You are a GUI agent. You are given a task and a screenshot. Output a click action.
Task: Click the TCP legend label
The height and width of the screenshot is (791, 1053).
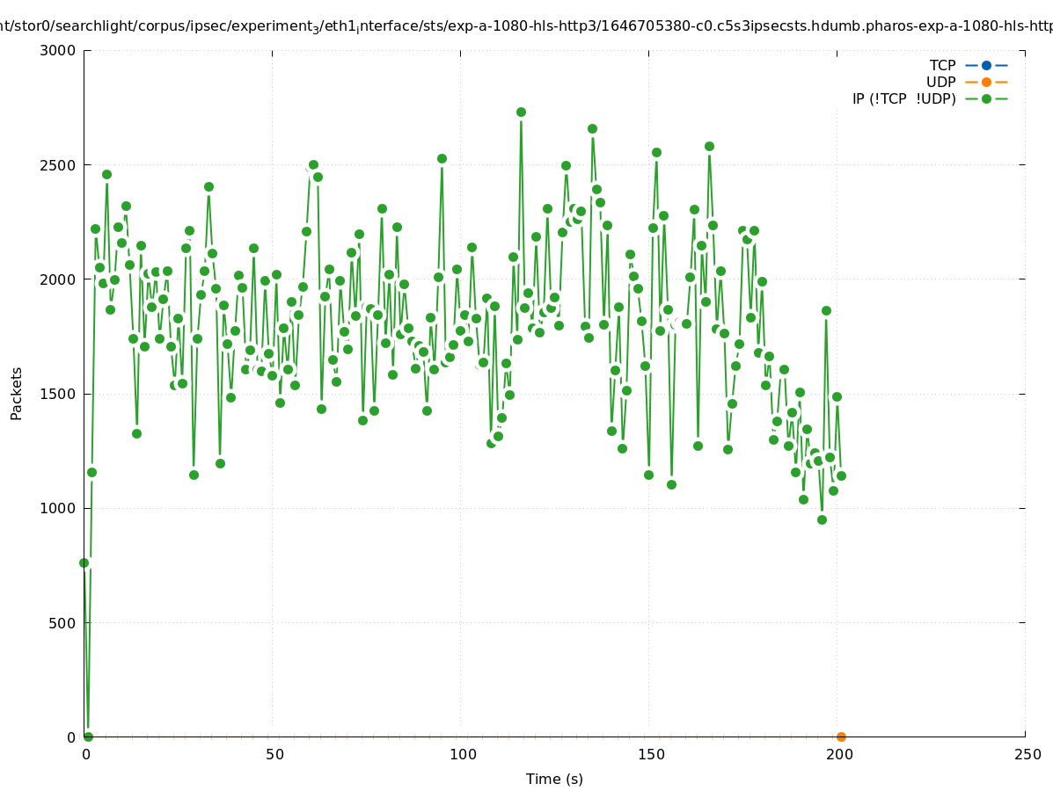pyautogui.click(x=942, y=65)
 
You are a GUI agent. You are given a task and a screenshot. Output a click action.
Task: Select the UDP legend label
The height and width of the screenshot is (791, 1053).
pyautogui.click(x=940, y=82)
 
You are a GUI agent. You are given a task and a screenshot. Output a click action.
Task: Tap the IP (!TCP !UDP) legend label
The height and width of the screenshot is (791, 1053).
pyautogui.click(x=903, y=98)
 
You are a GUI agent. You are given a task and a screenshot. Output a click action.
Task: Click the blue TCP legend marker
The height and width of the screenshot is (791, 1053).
pyautogui.click(x=986, y=65)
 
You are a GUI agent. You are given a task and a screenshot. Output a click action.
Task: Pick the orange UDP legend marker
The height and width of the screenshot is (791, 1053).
pyautogui.click(x=986, y=82)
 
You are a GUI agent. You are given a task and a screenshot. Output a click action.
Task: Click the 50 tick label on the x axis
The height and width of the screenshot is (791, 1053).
pyautogui.click(x=274, y=754)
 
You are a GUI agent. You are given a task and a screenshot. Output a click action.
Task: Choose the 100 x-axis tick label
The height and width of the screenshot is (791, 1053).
pyautogui.click(x=463, y=754)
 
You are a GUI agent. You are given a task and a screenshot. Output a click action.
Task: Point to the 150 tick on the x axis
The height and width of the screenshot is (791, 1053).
pyautogui.click(x=651, y=754)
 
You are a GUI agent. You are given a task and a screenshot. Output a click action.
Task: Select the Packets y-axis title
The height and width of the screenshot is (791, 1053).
pyautogui.click(x=17, y=394)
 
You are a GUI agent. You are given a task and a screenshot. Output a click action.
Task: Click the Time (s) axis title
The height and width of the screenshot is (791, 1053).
pyautogui.click(x=554, y=779)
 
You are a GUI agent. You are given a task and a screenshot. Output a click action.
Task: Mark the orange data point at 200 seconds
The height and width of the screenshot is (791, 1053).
pyautogui.click(x=841, y=737)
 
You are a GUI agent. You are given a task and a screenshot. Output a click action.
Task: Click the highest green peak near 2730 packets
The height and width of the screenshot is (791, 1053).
pyautogui.click(x=521, y=112)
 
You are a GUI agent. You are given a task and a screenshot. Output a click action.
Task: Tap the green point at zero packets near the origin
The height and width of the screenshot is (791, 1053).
pyautogui.click(x=88, y=737)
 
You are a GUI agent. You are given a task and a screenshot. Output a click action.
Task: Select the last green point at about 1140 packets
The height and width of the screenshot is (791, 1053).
pyautogui.click(x=841, y=475)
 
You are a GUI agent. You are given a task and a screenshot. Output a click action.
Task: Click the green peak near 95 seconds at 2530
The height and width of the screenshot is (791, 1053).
pyautogui.click(x=442, y=158)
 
